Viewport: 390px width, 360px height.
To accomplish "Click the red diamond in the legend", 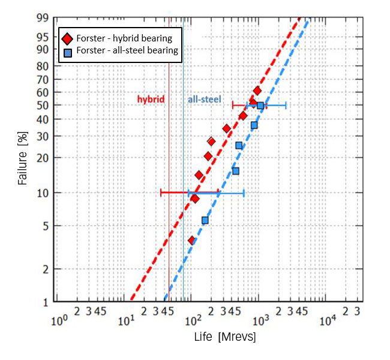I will click(x=67, y=38).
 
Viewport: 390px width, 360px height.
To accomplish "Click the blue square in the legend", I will click(x=67, y=51).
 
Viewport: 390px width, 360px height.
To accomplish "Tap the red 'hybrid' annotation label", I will click(x=150, y=99).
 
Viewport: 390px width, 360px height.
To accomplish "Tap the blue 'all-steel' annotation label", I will click(x=204, y=99).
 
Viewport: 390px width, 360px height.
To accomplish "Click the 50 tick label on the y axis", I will click(x=43, y=105).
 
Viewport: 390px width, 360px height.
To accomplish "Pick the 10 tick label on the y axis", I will click(x=43, y=193).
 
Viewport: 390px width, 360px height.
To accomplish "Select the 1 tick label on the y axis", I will click(x=45, y=302).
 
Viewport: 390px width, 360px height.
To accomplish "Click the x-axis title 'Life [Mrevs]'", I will click(x=225, y=337).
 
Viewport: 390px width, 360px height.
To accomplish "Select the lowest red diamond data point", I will click(x=192, y=241).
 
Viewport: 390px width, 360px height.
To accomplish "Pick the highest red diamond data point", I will click(x=257, y=91).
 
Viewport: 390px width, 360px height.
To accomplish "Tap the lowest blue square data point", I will click(x=205, y=220).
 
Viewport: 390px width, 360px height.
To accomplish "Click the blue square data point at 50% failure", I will click(x=260, y=106).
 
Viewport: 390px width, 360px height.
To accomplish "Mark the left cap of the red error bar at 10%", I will click(x=161, y=193).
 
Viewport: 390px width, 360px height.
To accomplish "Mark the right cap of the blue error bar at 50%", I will click(x=286, y=106).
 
